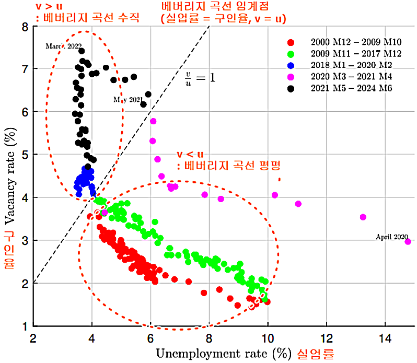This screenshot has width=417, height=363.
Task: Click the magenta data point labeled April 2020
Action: coord(408,241)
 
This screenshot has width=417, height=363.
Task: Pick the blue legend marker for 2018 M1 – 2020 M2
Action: coord(291,65)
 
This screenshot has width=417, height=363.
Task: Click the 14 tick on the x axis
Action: coord(385,337)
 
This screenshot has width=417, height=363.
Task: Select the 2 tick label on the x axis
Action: coord(33,337)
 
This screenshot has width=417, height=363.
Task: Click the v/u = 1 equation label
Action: coord(201,77)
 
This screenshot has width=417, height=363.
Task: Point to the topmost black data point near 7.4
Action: coord(82,51)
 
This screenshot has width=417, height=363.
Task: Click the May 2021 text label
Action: coord(128,99)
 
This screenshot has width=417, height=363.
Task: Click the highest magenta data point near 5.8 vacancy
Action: coord(153,121)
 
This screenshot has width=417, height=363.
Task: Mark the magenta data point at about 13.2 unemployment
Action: coord(363,217)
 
